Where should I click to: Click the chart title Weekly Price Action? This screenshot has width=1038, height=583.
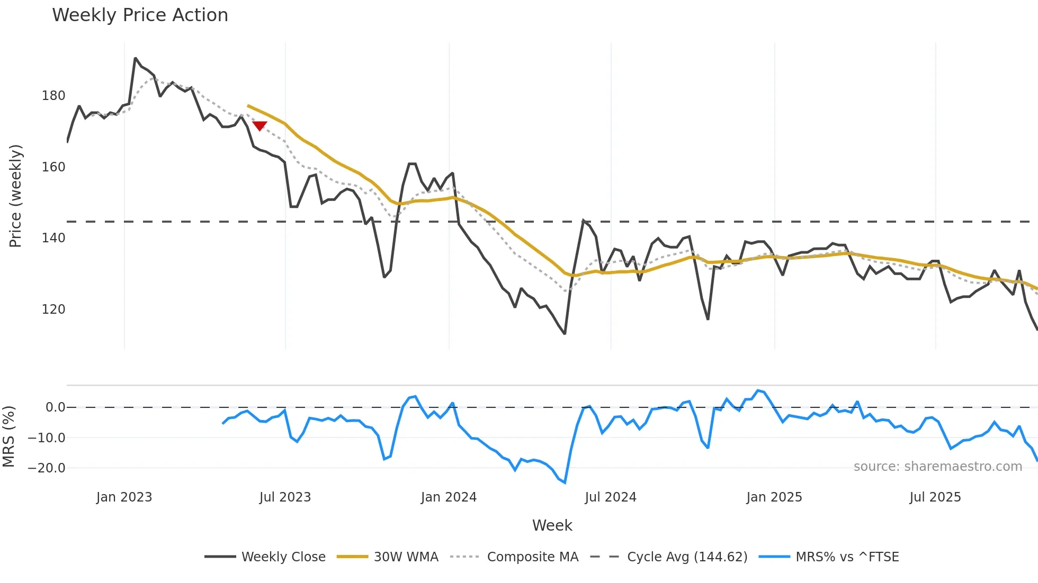pos(140,15)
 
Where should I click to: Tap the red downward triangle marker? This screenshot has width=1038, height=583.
pos(259,125)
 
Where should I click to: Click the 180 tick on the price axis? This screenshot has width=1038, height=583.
pos(53,96)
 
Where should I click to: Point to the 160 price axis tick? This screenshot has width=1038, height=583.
pos(53,167)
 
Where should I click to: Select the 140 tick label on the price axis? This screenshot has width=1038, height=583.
pos(53,238)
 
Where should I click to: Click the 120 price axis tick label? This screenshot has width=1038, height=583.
pos(53,309)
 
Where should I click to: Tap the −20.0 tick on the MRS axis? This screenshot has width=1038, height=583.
pos(47,468)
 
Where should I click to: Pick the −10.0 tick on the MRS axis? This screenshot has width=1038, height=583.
pos(47,438)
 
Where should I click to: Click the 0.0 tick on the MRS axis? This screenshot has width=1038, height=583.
pos(55,407)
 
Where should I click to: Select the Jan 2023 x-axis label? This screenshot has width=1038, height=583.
pos(124,497)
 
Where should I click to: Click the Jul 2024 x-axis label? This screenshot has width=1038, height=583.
pos(611,497)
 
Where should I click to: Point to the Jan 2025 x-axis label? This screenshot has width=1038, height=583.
pos(774,497)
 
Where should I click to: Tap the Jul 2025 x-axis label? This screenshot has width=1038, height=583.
pos(935,497)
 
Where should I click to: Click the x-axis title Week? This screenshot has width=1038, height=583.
pos(552,525)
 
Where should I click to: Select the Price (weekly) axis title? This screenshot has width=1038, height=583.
pos(16,196)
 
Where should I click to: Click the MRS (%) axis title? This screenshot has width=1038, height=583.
pos(8,436)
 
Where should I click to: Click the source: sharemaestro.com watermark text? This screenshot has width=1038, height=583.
pos(937,467)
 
